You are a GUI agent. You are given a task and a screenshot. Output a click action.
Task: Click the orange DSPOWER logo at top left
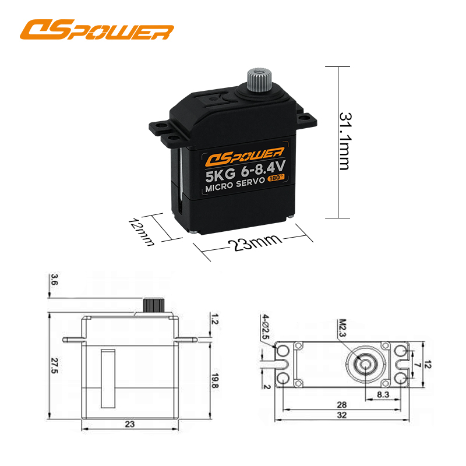[x=97, y=30]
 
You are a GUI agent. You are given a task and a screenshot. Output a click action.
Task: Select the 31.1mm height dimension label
[x=345, y=141]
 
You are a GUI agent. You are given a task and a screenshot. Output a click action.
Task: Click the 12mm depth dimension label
[x=142, y=232]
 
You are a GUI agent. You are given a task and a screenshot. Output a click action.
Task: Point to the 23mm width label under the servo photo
[x=255, y=242]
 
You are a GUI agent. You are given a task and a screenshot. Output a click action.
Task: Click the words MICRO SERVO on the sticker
[x=235, y=185]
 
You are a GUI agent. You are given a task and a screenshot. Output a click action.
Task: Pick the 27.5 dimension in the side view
[x=54, y=366]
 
